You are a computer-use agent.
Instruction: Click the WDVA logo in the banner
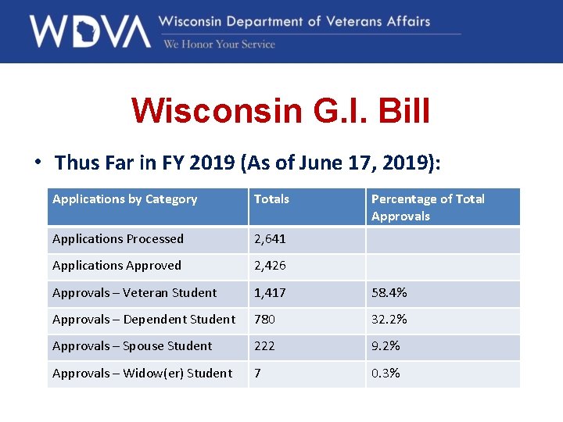[x=90, y=31]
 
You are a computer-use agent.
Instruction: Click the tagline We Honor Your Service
[x=219, y=45]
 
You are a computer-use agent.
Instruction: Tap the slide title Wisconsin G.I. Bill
[x=281, y=110]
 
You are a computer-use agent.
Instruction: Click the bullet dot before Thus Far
[x=37, y=163]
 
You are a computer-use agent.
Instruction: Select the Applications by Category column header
[x=124, y=199]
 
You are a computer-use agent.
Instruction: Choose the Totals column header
[x=271, y=199]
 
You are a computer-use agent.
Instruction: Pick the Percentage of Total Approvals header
[x=428, y=207]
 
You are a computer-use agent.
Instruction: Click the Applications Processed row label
[x=118, y=239]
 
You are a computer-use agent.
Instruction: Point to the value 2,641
[x=270, y=239]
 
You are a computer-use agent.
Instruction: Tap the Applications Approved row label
[x=117, y=266]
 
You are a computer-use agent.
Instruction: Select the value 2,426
[x=270, y=266]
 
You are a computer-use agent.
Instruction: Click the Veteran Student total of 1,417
[x=270, y=293]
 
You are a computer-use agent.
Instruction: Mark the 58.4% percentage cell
[x=389, y=293]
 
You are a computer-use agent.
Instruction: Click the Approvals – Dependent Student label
[x=143, y=320]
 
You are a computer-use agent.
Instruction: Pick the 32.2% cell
[x=389, y=320]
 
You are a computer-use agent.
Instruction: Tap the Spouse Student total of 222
[x=265, y=346]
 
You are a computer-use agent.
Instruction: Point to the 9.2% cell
[x=386, y=346]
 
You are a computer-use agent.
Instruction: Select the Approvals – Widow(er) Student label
[x=142, y=374]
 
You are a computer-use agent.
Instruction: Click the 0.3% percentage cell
[x=386, y=374]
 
